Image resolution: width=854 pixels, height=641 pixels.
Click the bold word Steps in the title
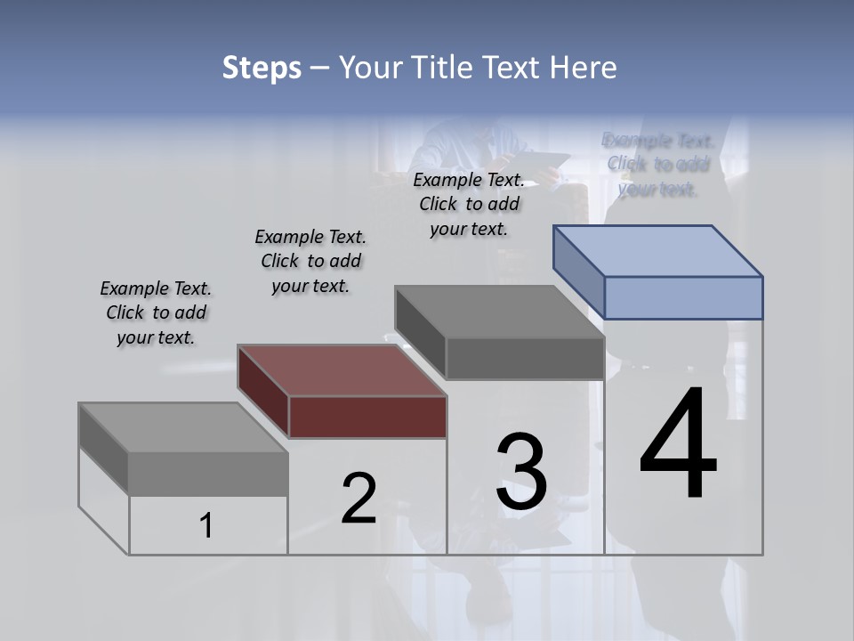click(x=261, y=68)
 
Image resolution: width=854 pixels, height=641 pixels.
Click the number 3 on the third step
click(x=521, y=472)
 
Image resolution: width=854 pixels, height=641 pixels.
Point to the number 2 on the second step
click(x=359, y=499)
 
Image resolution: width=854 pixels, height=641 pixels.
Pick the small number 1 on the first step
click(x=206, y=525)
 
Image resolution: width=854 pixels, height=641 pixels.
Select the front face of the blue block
click(x=683, y=297)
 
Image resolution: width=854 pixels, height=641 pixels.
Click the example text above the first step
click(x=156, y=312)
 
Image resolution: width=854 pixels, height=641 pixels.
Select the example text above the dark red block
click(x=310, y=261)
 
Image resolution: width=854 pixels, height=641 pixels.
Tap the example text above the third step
click(x=469, y=204)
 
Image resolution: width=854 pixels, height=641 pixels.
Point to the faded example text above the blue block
click(x=658, y=164)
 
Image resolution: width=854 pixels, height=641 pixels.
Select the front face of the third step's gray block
click(x=525, y=359)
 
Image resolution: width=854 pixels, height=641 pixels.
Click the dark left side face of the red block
click(x=263, y=392)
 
